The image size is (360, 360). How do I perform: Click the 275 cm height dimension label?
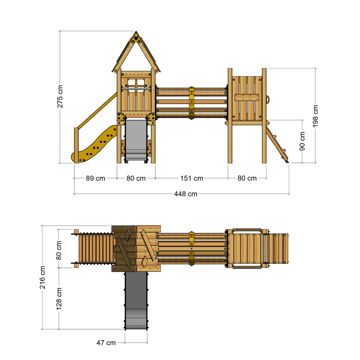[60, 96]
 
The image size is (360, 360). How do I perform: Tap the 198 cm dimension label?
[315, 116]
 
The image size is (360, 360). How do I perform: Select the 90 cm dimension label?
[302, 141]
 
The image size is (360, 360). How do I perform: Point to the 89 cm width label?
[95, 178]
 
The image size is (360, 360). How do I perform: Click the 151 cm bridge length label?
[192, 178]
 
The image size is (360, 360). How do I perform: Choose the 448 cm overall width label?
[185, 194]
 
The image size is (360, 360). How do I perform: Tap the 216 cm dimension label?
[42, 277]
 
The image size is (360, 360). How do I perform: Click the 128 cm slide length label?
[59, 299]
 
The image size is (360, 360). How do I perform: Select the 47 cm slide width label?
[106, 343]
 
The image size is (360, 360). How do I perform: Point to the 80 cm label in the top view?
[59, 250]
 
